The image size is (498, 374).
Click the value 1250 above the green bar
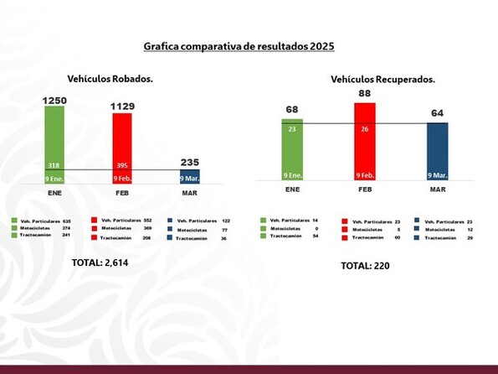[56, 100]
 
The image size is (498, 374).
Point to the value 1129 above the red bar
[122, 107]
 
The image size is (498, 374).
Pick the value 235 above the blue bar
[190, 164]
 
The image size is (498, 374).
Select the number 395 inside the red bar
[122, 165]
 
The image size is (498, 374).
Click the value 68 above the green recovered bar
[292, 110]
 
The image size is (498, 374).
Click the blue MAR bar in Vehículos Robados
[189, 176]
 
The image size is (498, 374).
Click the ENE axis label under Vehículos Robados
[56, 191]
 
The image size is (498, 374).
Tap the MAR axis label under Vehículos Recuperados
[438, 190]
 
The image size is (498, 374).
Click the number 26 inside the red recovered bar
[365, 129]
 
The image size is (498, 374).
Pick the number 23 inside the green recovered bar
[292, 129]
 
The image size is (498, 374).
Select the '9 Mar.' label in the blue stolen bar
[189, 178]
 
